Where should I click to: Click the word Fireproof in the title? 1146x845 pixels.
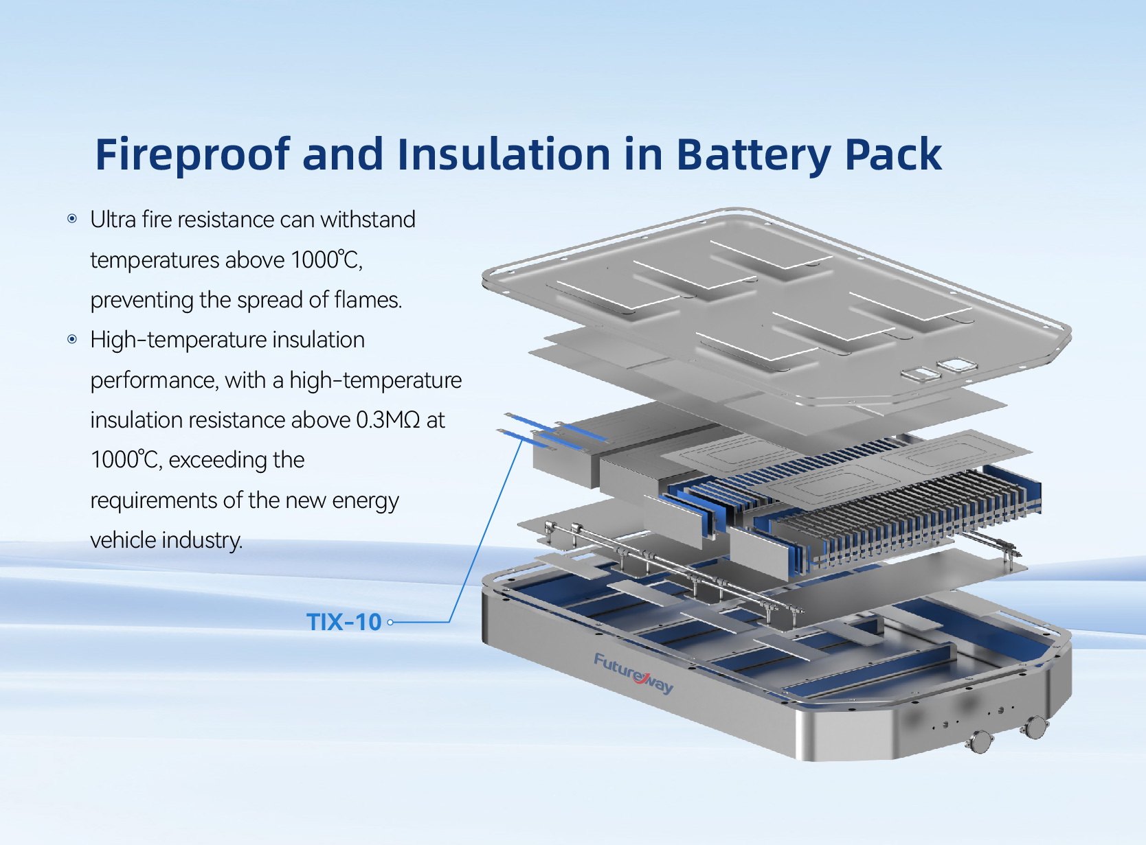coord(192,154)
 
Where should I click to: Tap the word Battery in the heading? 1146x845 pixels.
coord(754,155)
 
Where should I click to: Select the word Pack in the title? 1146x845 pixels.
coord(893,154)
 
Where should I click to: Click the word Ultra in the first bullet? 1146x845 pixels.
coord(113,220)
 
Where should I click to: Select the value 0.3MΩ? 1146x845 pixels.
coord(387,419)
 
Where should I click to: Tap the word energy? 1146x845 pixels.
coord(365,501)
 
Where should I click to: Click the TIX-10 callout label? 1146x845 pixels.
coord(344,622)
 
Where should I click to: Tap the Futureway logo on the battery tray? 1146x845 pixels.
coord(633,673)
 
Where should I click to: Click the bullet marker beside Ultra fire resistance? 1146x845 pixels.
coord(72,219)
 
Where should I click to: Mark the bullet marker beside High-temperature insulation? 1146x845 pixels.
coord(72,339)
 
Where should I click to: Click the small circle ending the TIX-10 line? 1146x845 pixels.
coord(390,623)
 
